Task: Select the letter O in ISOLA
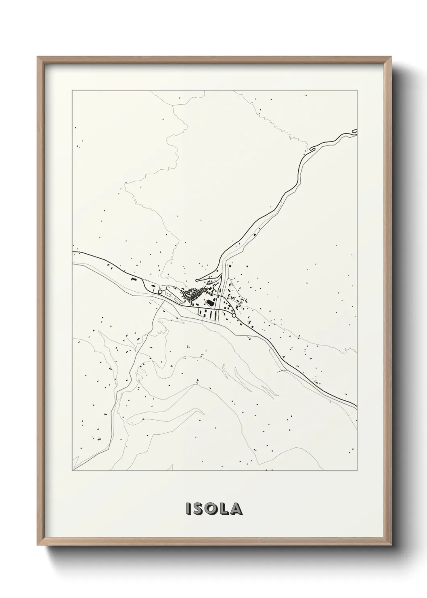pyautogui.click(x=212, y=509)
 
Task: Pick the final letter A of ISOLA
pyautogui.click(x=237, y=509)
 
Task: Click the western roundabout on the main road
pyautogui.click(x=160, y=291)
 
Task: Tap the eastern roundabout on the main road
pyautogui.click(x=233, y=315)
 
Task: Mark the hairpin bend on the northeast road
pyautogui.click(x=311, y=150)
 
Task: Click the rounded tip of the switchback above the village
pyautogui.click(x=197, y=280)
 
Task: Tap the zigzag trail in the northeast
pyautogui.click(x=287, y=129)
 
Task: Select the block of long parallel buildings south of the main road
pyautogui.click(x=207, y=313)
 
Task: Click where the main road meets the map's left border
pyautogui.click(x=73, y=252)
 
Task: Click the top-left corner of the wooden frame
pyautogui.click(x=38, y=57)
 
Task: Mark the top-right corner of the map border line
pyautogui.click(x=357, y=91)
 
